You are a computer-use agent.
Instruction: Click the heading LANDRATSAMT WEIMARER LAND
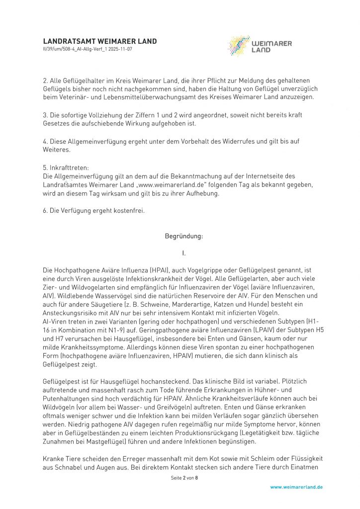pyautogui.click(x=99, y=41)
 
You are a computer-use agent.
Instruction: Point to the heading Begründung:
pyautogui.click(x=183, y=237)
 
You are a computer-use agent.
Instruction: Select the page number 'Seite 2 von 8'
pyautogui.click(x=183, y=478)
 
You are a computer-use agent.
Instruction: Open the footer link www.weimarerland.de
pyautogui.click(x=296, y=487)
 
